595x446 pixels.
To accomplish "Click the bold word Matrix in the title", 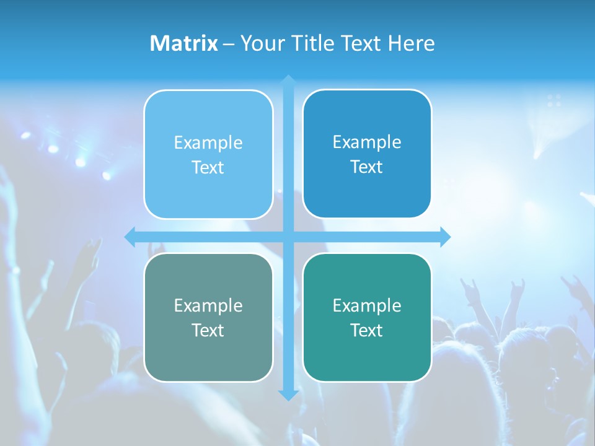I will pyautogui.click(x=183, y=43).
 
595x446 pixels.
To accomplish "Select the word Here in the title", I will pyautogui.click(x=411, y=43).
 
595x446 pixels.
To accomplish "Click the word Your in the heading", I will pyautogui.click(x=263, y=43).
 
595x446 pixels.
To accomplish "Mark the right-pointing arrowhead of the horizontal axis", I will pyautogui.click(x=444, y=237).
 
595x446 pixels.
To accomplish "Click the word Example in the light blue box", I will pyautogui.click(x=208, y=143).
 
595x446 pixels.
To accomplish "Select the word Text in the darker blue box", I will pyautogui.click(x=367, y=167).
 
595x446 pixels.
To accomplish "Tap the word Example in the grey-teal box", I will pyautogui.click(x=208, y=306).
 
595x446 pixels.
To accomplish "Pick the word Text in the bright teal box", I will pyautogui.click(x=367, y=331).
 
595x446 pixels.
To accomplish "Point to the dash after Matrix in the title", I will pyautogui.click(x=229, y=44).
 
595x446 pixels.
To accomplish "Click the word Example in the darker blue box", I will pyautogui.click(x=367, y=142).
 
